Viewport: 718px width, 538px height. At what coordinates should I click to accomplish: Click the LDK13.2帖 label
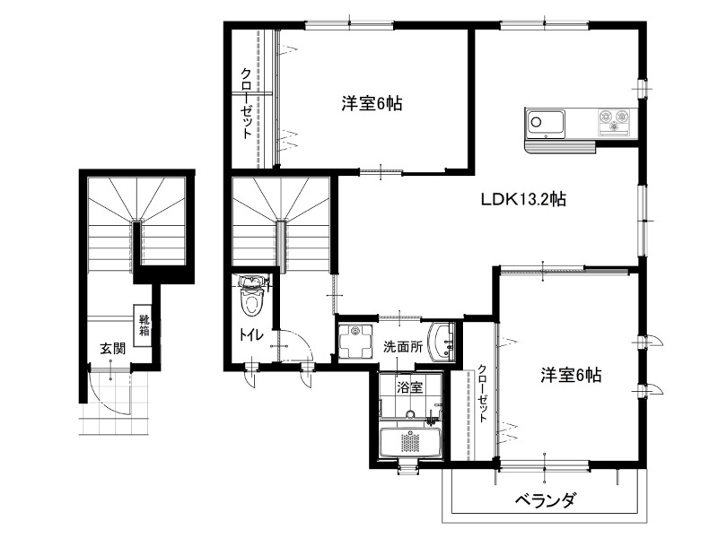click(x=523, y=199)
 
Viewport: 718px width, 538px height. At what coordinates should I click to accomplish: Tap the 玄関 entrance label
click(x=113, y=349)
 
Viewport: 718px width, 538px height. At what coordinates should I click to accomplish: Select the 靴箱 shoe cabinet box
click(x=143, y=325)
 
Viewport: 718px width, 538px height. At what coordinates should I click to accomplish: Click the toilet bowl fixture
click(x=250, y=298)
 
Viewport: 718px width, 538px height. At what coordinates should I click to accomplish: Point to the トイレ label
click(x=251, y=334)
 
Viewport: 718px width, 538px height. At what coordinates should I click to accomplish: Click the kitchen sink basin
click(x=545, y=124)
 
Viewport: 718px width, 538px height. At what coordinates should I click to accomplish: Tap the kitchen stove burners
click(x=615, y=121)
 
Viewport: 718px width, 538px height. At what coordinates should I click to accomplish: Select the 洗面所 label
click(x=403, y=347)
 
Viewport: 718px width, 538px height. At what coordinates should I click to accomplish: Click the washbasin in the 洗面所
click(x=442, y=342)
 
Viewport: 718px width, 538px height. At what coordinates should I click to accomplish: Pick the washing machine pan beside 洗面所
click(x=355, y=342)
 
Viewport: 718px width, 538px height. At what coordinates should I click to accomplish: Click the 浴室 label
click(x=409, y=388)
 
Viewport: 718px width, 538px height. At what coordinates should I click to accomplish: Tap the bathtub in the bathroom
click(x=410, y=442)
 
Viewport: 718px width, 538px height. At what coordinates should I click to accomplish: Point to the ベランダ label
click(x=545, y=500)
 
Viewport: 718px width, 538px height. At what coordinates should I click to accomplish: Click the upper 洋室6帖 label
click(x=372, y=104)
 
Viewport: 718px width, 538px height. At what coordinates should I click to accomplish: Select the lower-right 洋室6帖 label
click(x=571, y=376)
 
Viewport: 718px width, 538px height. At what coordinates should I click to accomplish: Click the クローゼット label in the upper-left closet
click(x=246, y=103)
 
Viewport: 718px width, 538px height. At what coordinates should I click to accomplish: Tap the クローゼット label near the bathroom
click(x=483, y=394)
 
